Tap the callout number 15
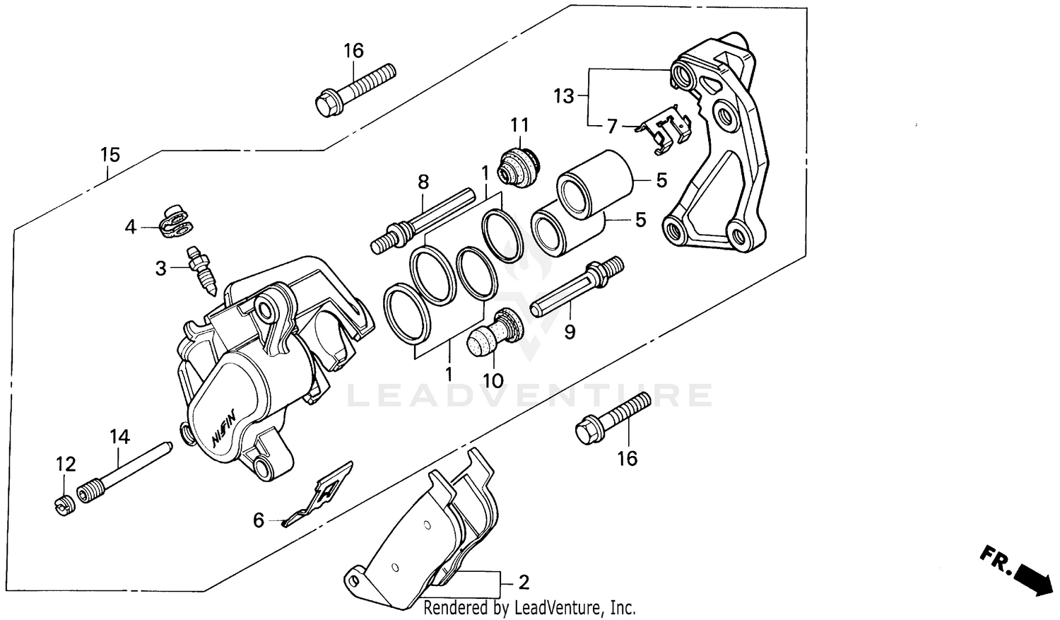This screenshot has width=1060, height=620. point(110,154)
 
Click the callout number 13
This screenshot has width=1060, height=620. point(564,96)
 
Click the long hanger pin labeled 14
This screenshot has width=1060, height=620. point(127,472)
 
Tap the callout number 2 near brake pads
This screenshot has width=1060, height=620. point(524,583)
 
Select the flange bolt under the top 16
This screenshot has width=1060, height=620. point(354,90)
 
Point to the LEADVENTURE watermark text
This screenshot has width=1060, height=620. point(530,396)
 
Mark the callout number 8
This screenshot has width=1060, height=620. point(423,182)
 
